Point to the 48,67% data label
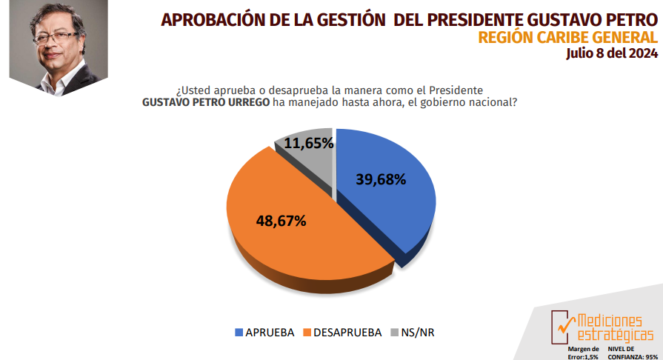coord(281,221)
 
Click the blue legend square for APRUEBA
coord(239,333)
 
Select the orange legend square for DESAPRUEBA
coord(307,333)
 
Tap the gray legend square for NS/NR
coord(394,333)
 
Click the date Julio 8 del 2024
coord(611,53)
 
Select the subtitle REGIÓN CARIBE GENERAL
coord(567,37)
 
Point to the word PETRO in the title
coord(628,19)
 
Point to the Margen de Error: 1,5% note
coord(583,352)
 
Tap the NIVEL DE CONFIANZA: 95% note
coord(631,352)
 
